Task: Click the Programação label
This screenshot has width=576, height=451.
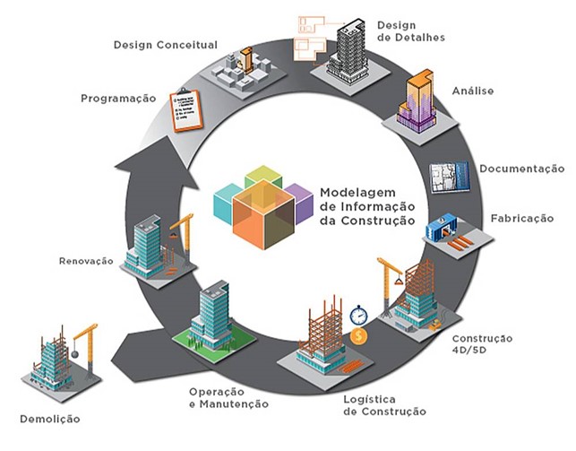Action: click(x=118, y=99)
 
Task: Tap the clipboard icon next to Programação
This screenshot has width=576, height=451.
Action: click(x=186, y=110)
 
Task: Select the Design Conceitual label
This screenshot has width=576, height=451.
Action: click(x=166, y=45)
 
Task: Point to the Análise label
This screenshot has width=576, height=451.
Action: click(x=473, y=91)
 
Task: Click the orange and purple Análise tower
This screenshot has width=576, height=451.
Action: click(x=417, y=100)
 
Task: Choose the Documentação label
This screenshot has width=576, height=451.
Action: click(x=522, y=169)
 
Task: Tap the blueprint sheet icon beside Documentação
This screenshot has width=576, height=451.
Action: click(x=450, y=177)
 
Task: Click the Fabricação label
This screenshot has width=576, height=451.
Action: click(x=522, y=218)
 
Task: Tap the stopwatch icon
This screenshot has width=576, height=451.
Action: click(x=358, y=316)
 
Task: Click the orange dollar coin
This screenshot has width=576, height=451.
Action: click(x=358, y=336)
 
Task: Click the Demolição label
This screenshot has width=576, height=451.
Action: click(x=50, y=419)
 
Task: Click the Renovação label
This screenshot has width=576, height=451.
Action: click(x=86, y=261)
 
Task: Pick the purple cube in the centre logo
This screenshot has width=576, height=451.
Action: click(x=299, y=203)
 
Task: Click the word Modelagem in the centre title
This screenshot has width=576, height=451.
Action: click(x=353, y=193)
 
